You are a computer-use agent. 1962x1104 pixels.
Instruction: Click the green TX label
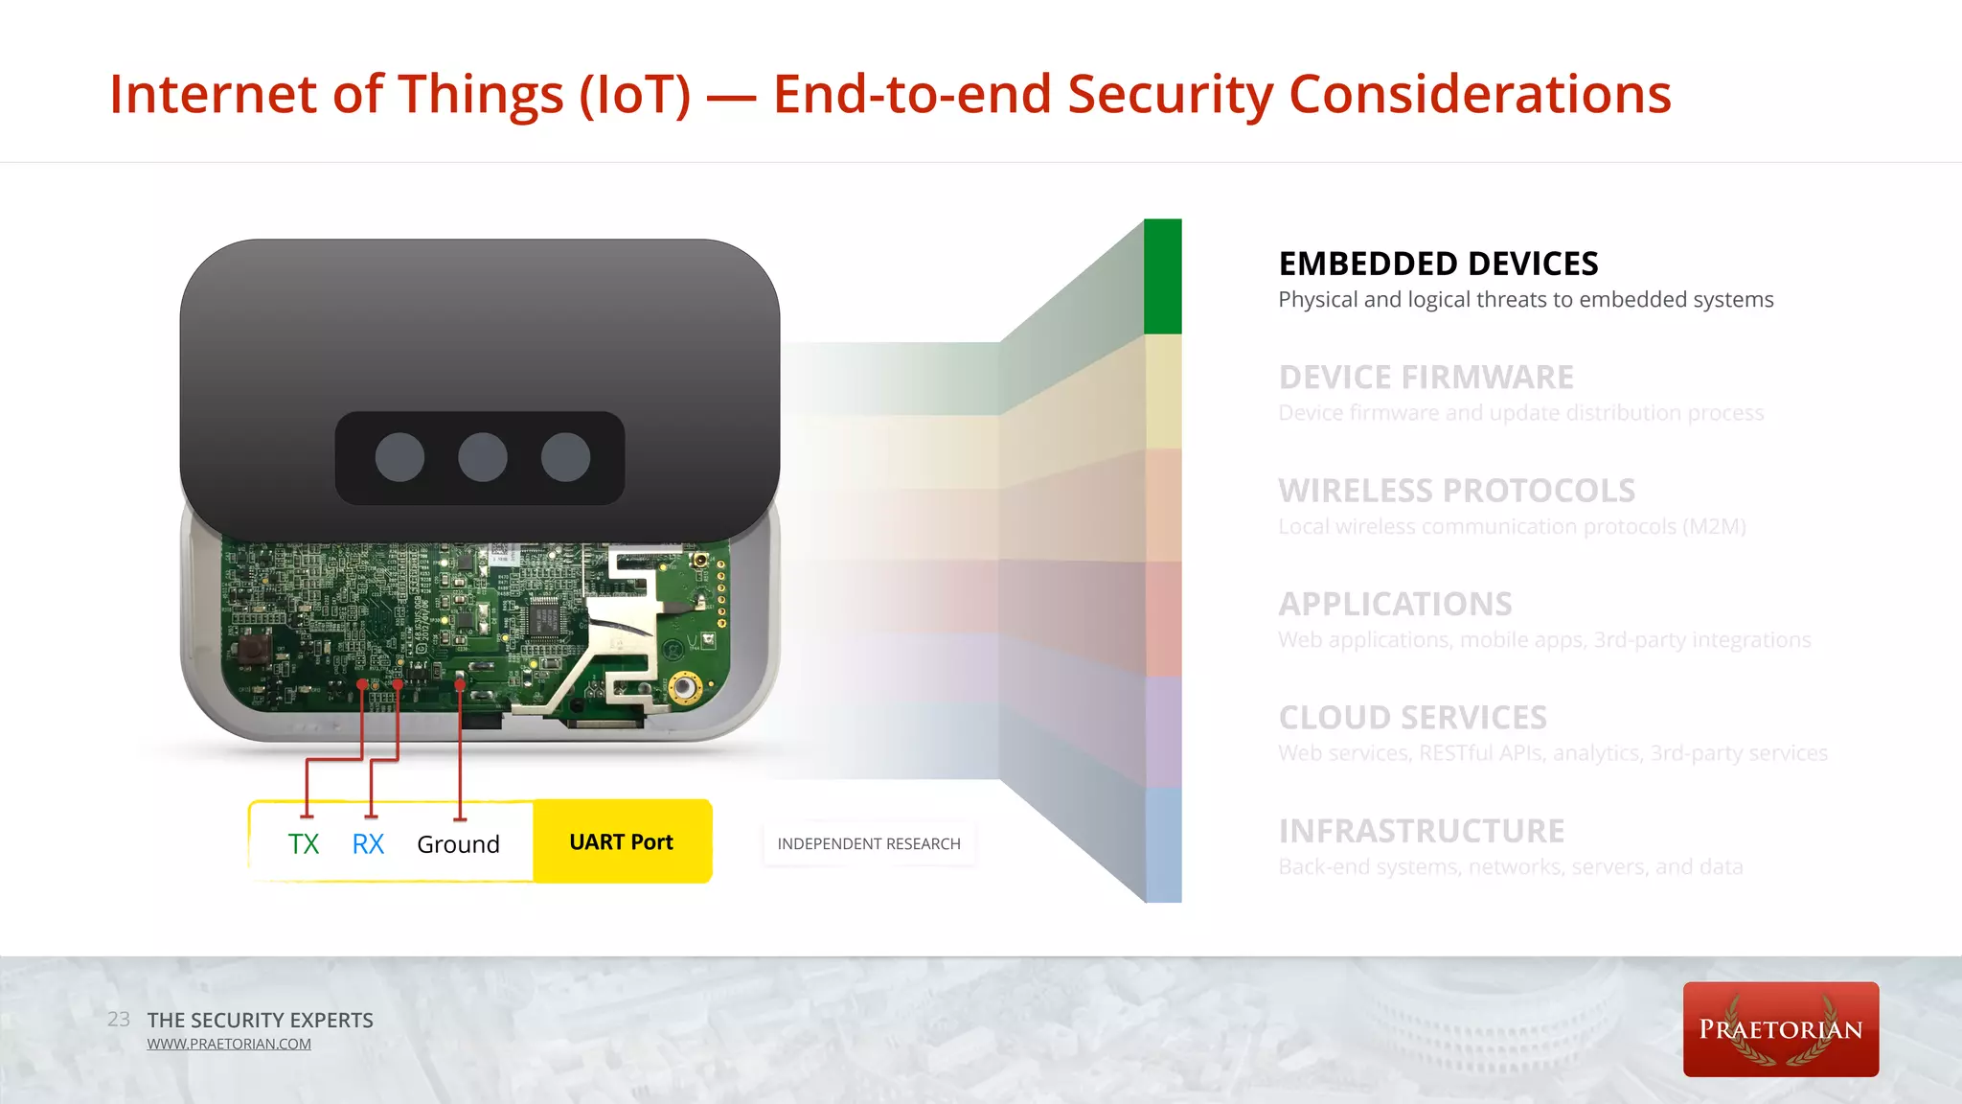coord(304,844)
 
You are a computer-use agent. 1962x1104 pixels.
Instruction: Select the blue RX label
coord(368,844)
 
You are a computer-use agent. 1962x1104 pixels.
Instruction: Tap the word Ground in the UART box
coord(458,844)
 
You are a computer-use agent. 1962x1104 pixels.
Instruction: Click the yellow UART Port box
coord(622,841)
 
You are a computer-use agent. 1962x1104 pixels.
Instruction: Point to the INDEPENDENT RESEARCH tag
coord(868,843)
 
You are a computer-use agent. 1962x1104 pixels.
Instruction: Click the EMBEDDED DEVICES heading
coord(1438,264)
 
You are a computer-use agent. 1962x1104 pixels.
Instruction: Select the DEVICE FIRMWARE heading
coord(1426,378)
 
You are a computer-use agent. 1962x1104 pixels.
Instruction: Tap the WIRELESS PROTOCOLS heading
coord(1456,491)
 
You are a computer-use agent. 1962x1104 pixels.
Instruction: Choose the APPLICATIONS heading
coord(1395,604)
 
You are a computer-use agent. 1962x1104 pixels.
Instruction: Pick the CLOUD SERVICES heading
coord(1412,718)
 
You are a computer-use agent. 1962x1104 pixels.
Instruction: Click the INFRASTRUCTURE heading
coord(1421,831)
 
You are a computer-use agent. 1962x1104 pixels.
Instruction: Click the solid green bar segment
coord(1162,276)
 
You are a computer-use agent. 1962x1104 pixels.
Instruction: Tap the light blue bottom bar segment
coord(1163,844)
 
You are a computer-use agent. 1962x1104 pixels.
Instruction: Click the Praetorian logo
coord(1780,1029)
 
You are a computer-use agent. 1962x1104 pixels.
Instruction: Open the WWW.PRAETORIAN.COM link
coord(229,1044)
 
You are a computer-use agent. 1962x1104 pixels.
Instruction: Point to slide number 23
coord(119,1019)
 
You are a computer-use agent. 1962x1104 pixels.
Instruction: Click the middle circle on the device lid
coord(483,457)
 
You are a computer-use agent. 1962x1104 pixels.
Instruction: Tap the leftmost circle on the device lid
coord(399,457)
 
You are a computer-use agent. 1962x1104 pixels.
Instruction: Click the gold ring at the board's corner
coord(684,686)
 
